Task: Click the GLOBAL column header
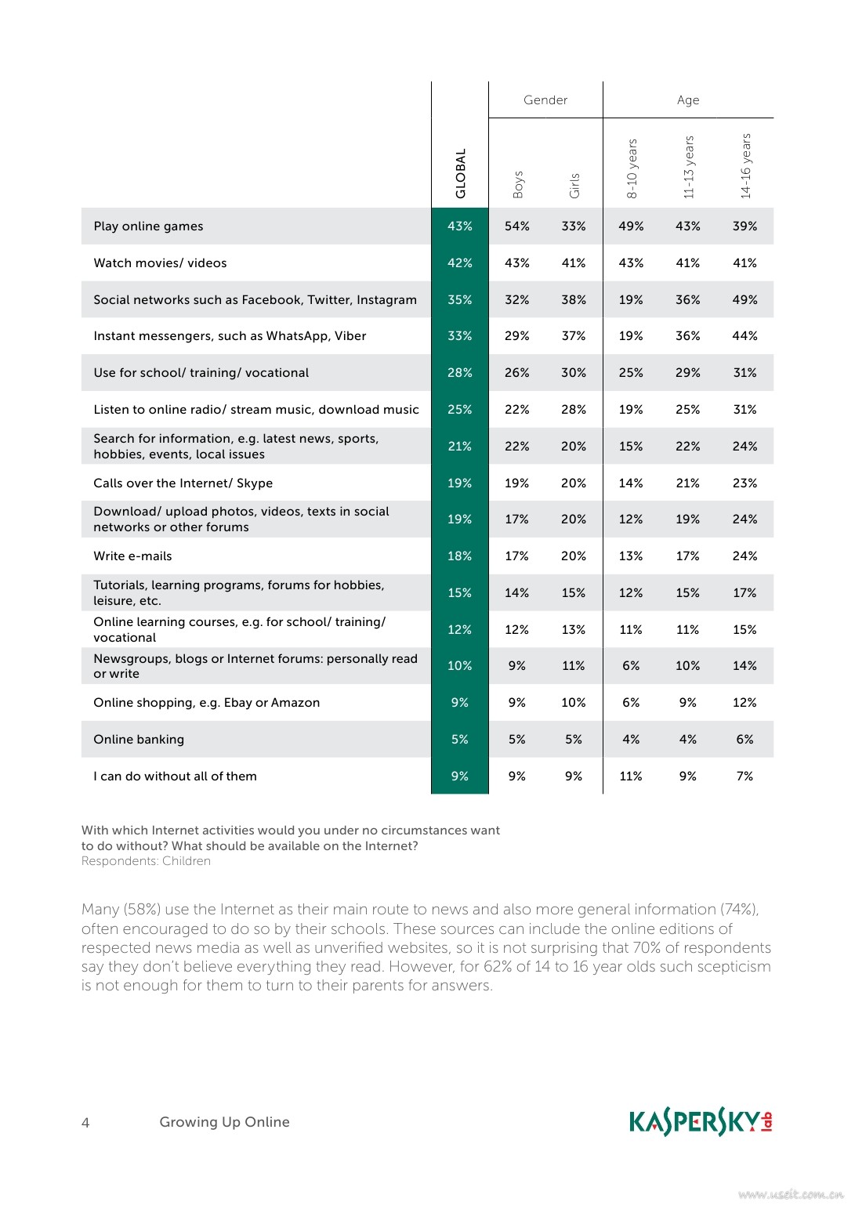click(461, 173)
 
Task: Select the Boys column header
click(518, 184)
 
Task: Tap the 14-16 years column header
click(746, 165)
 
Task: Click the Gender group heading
click(545, 100)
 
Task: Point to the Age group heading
click(688, 100)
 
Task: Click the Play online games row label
click(148, 226)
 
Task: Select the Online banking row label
click(139, 740)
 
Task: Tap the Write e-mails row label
click(132, 556)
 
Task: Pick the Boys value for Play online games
click(517, 226)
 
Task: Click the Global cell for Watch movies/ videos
click(460, 263)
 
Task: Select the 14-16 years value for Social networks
click(745, 300)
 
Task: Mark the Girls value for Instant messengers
click(574, 336)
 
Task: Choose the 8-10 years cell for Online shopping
click(631, 703)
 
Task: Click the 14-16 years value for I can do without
click(745, 776)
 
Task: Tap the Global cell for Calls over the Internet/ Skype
click(460, 483)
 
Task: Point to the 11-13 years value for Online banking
click(688, 740)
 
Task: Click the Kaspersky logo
click(701, 1122)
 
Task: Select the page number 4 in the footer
click(85, 1123)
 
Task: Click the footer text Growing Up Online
click(224, 1122)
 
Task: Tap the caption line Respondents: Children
click(146, 861)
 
